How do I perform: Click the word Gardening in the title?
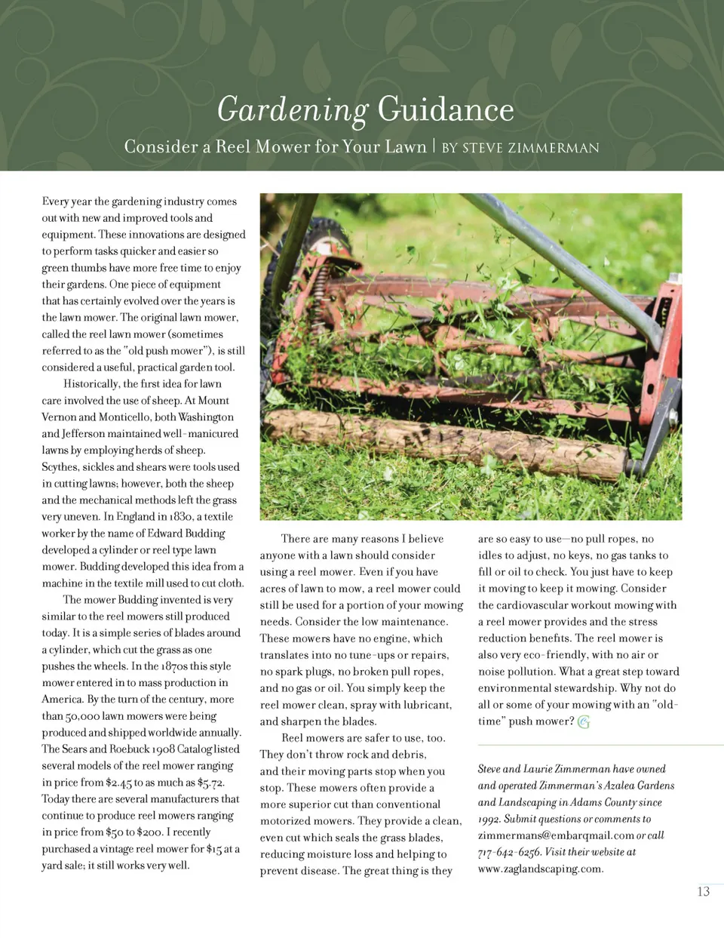coord(292,110)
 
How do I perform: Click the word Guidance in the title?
coord(446,110)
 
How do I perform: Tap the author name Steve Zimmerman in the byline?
coord(530,148)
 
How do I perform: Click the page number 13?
coord(703,891)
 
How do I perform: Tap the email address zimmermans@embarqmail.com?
coord(555,835)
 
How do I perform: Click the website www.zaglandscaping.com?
coord(540,869)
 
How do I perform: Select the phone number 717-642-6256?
coord(509,852)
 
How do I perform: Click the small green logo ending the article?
coord(584,722)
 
